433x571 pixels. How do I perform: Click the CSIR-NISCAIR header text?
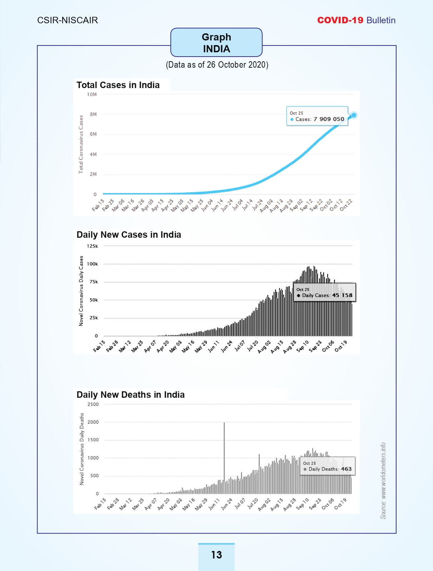click(68, 20)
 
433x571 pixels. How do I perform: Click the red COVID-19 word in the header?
click(340, 20)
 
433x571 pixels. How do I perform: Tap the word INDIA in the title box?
click(217, 49)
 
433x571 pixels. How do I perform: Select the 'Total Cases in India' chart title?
click(118, 85)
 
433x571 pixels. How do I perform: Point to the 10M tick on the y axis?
click(92, 95)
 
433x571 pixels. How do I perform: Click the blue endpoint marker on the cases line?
click(354, 115)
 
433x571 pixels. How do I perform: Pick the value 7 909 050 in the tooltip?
click(329, 119)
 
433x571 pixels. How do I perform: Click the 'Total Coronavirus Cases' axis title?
click(81, 144)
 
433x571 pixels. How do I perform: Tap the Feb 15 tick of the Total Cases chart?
click(98, 205)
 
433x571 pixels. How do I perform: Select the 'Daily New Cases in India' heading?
click(129, 234)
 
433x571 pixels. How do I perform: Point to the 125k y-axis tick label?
click(93, 246)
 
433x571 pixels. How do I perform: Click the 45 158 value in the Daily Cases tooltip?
click(342, 295)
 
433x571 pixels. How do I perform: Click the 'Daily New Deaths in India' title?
click(131, 395)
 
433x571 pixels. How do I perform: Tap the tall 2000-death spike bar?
click(224, 458)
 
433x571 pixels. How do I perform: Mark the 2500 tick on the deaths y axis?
click(93, 404)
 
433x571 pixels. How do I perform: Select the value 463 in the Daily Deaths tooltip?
click(346, 469)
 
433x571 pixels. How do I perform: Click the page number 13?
click(217, 555)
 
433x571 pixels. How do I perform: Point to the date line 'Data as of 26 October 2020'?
click(217, 65)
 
